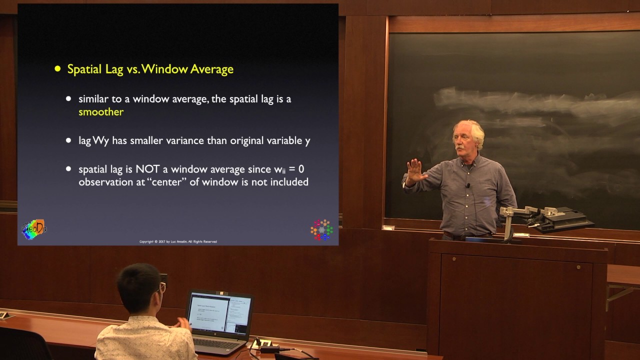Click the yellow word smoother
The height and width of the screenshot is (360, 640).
click(x=100, y=112)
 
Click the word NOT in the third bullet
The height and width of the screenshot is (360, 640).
click(x=147, y=169)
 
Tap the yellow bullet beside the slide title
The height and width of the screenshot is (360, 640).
click(x=57, y=69)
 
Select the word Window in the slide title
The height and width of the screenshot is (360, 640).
click(x=164, y=69)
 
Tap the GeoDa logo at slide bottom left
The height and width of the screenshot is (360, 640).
click(x=33, y=229)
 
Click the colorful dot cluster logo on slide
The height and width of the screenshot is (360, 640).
click(x=321, y=229)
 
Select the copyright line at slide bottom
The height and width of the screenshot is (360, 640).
click(x=178, y=241)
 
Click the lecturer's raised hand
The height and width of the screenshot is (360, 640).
click(x=414, y=171)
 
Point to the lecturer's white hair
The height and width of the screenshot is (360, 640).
click(x=469, y=129)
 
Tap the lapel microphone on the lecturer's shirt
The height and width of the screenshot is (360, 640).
click(x=468, y=186)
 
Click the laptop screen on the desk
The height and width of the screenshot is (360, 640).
click(x=219, y=313)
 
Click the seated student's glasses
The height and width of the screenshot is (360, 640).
click(x=161, y=287)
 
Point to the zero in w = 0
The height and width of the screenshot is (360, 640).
click(x=301, y=169)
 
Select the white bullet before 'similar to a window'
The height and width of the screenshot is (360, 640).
click(x=68, y=99)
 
